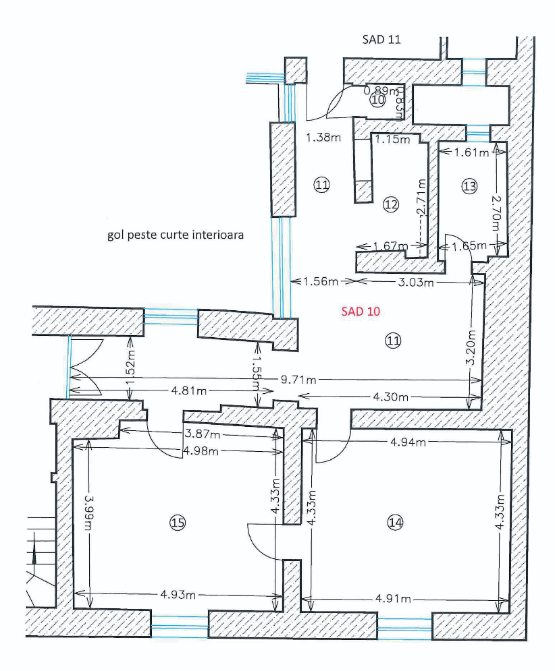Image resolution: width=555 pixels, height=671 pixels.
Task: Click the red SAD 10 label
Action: [361, 311]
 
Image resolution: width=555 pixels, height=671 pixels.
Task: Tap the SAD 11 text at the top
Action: [382, 39]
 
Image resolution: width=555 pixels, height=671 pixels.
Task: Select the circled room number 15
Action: [178, 522]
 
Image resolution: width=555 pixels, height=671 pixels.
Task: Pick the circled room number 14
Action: [396, 521]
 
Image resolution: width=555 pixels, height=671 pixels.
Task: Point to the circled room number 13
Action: [469, 185]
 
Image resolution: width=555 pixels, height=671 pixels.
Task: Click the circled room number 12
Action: [391, 204]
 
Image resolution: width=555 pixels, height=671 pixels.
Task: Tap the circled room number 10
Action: [378, 100]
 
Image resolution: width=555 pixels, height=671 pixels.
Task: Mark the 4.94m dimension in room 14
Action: [408, 442]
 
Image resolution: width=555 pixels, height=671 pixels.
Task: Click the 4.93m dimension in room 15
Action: [180, 594]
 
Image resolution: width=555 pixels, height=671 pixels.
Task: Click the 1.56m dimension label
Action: [320, 281]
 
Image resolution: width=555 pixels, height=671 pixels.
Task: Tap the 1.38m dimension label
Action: [323, 137]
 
